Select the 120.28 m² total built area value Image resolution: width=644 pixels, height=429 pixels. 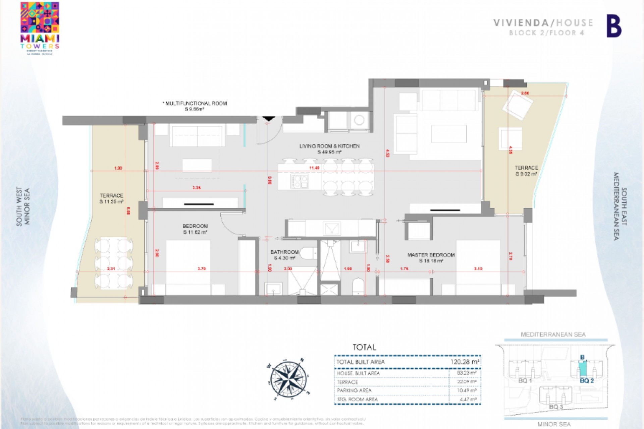[465, 362]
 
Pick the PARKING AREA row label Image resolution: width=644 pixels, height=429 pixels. [354, 390]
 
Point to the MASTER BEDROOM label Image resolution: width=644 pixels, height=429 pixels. [431, 255]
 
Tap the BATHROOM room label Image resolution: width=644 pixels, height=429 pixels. [284, 252]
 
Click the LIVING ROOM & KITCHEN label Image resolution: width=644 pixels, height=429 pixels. [329, 146]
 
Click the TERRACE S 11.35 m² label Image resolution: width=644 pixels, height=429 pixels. [111, 198]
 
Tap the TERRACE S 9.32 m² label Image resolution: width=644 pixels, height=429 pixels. [526, 171]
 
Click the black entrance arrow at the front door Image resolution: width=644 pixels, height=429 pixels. [269, 119]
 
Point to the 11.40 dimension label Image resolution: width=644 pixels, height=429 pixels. [314, 168]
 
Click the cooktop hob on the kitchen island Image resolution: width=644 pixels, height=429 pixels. [300, 181]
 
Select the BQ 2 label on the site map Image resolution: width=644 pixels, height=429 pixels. [587, 381]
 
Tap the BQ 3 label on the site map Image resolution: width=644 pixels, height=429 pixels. [556, 407]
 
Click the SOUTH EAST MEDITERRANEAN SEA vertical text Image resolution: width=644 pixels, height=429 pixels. [620, 206]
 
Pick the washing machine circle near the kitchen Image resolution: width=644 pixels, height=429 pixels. [359, 120]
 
